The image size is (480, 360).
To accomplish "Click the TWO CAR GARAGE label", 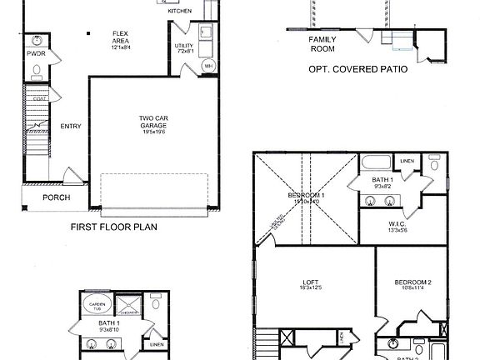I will (154, 122).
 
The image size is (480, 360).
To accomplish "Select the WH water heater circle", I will (186, 65).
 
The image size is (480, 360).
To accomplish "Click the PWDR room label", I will (36, 54).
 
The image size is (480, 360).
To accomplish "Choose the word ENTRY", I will (70, 127).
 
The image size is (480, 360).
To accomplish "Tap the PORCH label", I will (57, 197).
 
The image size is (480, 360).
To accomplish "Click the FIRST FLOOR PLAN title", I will (114, 227).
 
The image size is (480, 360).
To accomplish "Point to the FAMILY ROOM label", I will (322, 44).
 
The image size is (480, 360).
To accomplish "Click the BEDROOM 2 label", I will (412, 282).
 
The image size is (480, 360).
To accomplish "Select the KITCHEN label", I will (179, 12).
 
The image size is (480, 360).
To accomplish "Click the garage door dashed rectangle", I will (154, 192).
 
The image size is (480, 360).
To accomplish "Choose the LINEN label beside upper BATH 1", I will (407, 162).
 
